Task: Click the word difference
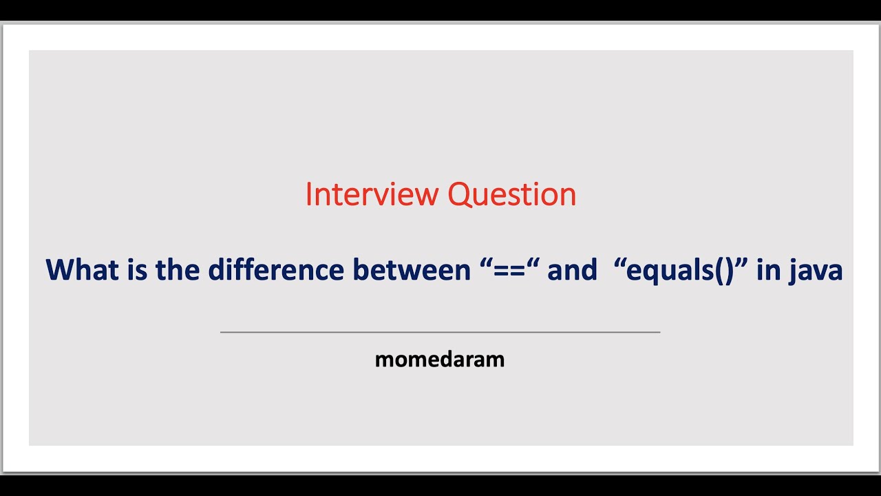[x=276, y=269]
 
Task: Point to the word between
[x=412, y=269]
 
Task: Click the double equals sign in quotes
[x=510, y=269]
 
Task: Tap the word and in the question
[x=572, y=269]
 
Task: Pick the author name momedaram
[x=440, y=359]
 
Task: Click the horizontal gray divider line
[x=440, y=332]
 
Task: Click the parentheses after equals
[x=723, y=271]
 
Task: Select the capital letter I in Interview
[x=309, y=195]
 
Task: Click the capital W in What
[x=60, y=269]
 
